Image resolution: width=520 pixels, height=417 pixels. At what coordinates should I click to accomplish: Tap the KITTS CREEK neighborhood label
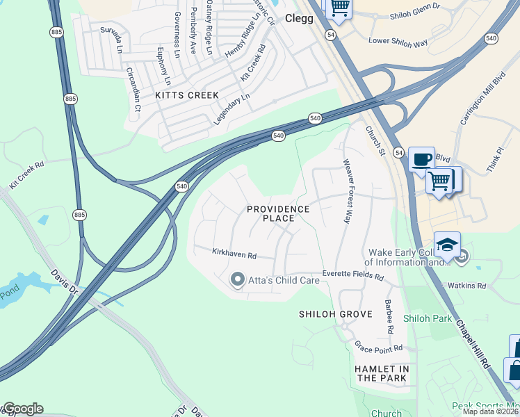[x=187, y=95]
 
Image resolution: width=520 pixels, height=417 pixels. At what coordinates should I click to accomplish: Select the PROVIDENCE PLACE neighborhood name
[x=279, y=213]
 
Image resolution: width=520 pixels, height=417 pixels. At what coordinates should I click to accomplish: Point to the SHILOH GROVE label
[x=327, y=314]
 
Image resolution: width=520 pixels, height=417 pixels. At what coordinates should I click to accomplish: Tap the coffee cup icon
[x=421, y=159]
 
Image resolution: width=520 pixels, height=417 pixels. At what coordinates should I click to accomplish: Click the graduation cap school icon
[x=446, y=245]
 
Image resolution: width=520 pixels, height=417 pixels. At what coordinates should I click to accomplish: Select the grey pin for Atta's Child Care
[x=237, y=280]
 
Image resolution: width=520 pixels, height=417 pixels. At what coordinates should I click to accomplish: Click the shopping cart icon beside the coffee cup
[x=439, y=181]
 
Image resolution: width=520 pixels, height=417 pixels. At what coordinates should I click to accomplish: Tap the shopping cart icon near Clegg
[x=339, y=7]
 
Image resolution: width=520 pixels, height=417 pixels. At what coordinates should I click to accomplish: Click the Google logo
[x=22, y=409]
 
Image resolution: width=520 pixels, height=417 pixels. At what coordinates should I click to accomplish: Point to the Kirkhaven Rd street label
[x=225, y=254]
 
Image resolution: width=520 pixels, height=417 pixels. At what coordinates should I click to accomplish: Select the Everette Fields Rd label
[x=352, y=275]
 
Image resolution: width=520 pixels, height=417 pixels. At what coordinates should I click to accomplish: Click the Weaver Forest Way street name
[x=345, y=191]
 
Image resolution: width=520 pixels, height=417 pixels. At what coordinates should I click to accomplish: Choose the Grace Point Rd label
[x=378, y=347]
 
